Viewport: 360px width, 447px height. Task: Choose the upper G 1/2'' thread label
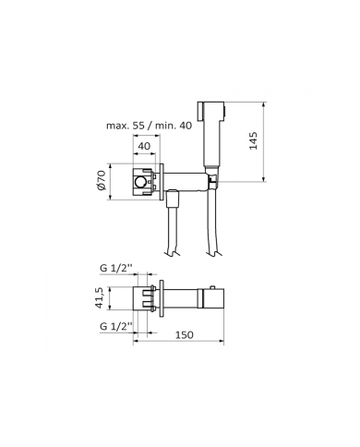115,269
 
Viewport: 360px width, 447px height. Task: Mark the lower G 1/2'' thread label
115,326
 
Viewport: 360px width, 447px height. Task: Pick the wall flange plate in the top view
161,298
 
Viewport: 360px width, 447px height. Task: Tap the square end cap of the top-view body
213,298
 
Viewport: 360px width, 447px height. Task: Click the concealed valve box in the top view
146,298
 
